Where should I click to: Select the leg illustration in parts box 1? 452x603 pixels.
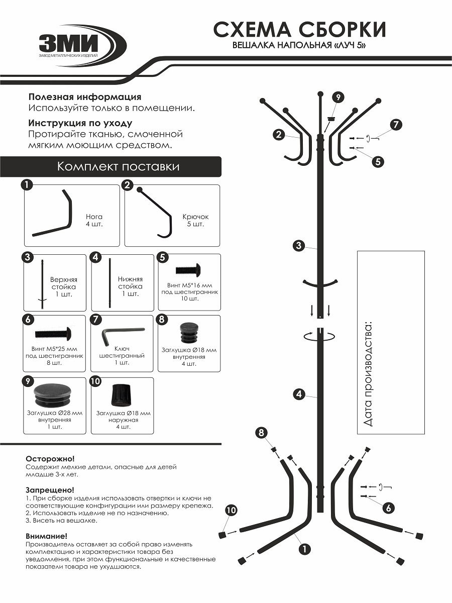tap(53, 214)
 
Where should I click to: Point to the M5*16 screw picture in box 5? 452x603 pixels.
tap(189, 270)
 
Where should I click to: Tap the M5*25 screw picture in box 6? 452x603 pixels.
tap(54, 333)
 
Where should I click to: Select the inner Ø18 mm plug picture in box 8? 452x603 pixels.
tap(189, 333)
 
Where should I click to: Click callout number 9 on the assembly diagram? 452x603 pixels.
tap(338, 97)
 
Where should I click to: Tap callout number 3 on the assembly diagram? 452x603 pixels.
tap(299, 246)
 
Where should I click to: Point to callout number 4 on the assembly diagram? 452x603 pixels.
tap(299, 394)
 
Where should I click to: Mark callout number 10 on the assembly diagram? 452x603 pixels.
tap(231, 511)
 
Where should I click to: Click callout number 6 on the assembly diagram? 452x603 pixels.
tap(388, 508)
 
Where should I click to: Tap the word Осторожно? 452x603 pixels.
tap(50, 459)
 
